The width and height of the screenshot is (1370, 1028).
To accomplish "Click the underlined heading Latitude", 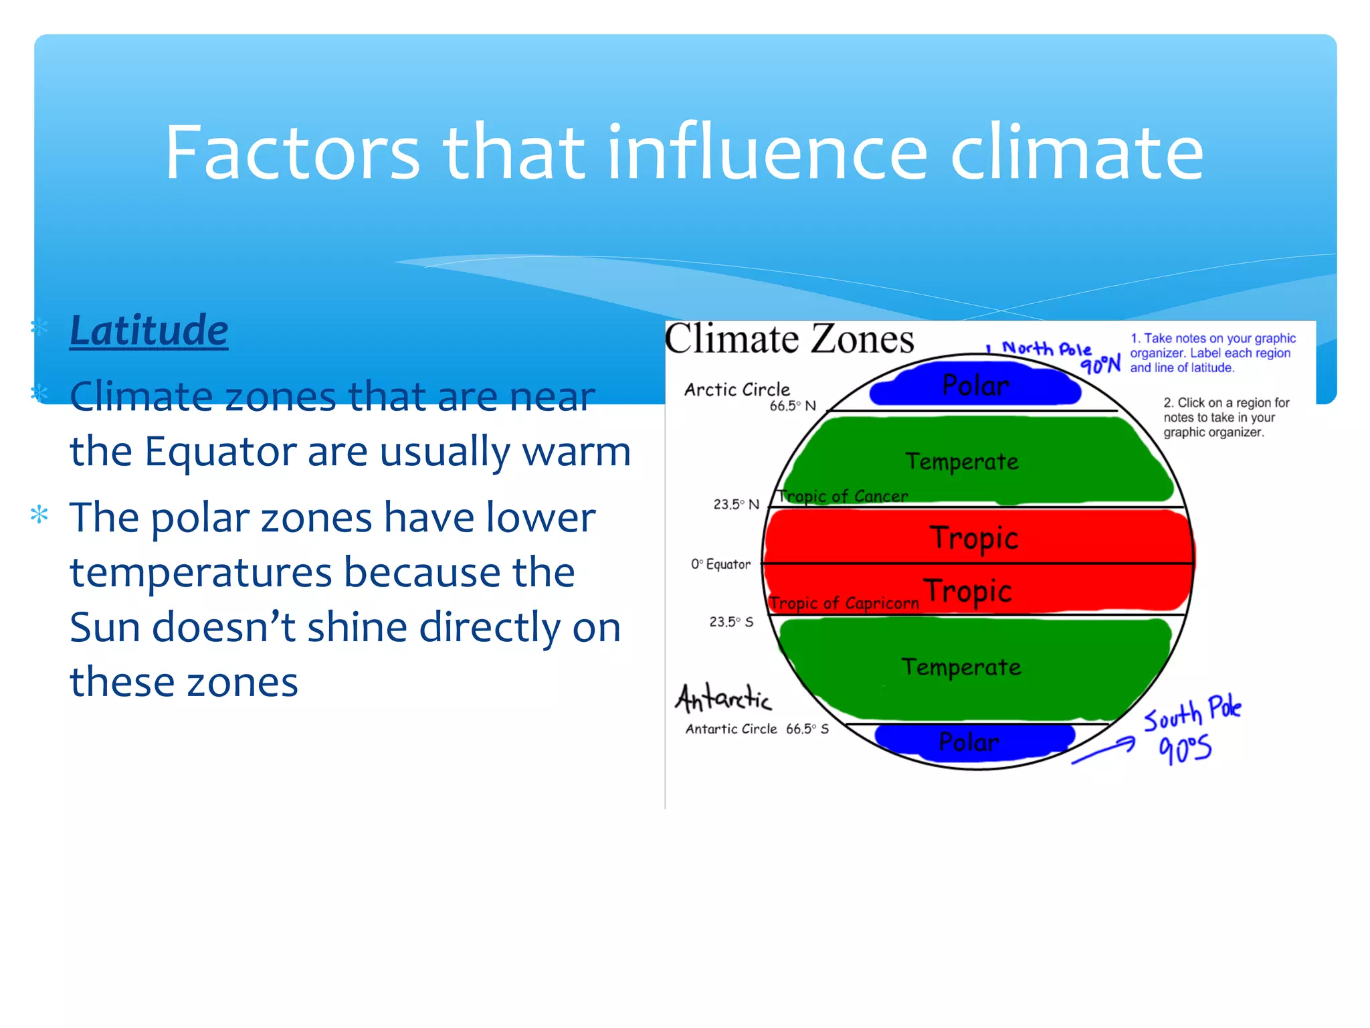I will (x=149, y=331).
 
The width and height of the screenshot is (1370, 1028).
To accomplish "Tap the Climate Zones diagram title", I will (x=789, y=339).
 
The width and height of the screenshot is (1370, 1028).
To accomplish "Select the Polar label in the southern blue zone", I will (x=969, y=742).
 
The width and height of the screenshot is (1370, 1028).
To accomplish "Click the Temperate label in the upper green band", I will (x=962, y=462).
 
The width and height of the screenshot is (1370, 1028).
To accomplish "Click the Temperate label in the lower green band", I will (x=961, y=667).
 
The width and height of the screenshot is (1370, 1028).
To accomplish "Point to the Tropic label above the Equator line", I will (x=974, y=538).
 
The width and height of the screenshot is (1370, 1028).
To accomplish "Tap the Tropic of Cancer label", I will (x=843, y=497).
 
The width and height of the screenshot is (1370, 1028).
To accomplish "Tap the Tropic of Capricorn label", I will (x=844, y=604).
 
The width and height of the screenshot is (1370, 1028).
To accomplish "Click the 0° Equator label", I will (x=721, y=564).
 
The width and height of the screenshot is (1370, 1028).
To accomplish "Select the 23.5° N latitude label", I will (x=736, y=505).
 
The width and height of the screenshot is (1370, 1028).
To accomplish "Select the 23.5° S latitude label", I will (x=731, y=622).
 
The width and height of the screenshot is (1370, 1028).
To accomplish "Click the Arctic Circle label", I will (x=737, y=390).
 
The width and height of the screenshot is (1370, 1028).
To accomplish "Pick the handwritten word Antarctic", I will (x=723, y=699).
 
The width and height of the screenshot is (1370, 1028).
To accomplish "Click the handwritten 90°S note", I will (x=1185, y=749).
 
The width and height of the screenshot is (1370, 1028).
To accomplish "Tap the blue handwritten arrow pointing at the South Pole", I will (x=1104, y=750).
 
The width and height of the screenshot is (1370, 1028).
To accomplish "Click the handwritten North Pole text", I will (x=1046, y=349).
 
